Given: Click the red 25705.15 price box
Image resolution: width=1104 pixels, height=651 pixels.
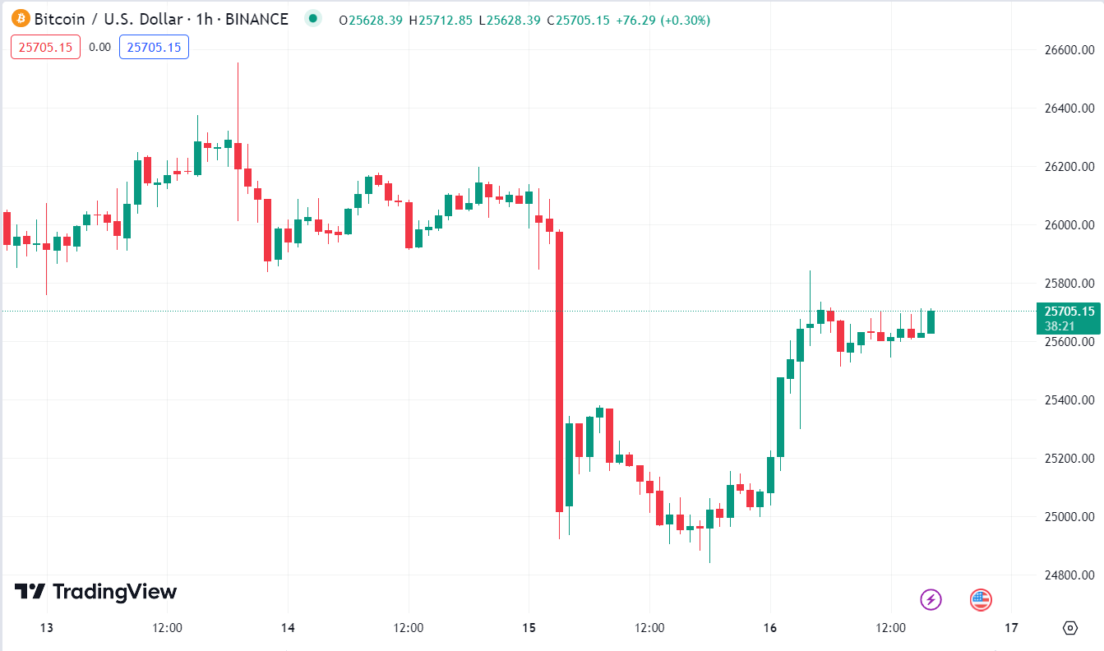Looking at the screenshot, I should click(x=45, y=47).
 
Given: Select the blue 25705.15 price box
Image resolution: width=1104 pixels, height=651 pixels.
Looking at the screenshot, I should click(x=154, y=47).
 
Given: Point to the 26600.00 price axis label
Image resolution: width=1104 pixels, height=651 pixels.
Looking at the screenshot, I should click(x=1069, y=50).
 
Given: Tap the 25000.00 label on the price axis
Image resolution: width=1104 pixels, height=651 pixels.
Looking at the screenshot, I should click(x=1069, y=517).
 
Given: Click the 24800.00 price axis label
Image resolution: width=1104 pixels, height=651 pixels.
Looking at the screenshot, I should click(x=1069, y=575).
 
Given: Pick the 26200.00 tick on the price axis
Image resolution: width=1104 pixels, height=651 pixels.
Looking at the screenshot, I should click(x=1069, y=167).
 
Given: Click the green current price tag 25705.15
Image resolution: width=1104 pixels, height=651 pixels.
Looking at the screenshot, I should click(x=1069, y=312).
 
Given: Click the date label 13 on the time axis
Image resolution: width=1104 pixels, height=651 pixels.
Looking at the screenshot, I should click(x=47, y=628).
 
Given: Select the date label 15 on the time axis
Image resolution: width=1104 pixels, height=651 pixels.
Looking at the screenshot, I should click(x=529, y=628).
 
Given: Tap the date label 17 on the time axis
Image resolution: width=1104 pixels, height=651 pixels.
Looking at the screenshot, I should click(x=1011, y=628).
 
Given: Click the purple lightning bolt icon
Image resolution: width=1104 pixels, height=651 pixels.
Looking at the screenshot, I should click(x=931, y=599).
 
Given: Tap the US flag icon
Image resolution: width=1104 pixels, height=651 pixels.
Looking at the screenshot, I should click(x=980, y=599).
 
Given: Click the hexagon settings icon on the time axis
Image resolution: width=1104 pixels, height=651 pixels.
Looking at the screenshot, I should click(x=1069, y=628).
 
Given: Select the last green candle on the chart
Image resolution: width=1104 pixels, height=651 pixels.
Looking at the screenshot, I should click(x=931, y=321).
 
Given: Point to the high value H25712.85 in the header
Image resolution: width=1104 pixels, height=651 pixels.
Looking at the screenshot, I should click(x=441, y=20).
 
